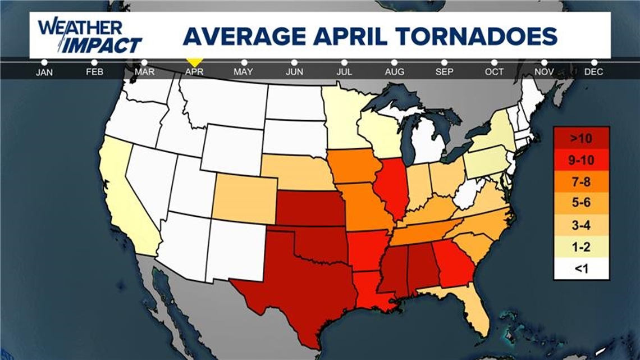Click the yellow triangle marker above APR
194,61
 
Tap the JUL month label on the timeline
344,72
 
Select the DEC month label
593,72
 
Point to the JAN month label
44,72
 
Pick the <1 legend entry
581,269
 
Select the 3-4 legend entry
581,225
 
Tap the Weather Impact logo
90,35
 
